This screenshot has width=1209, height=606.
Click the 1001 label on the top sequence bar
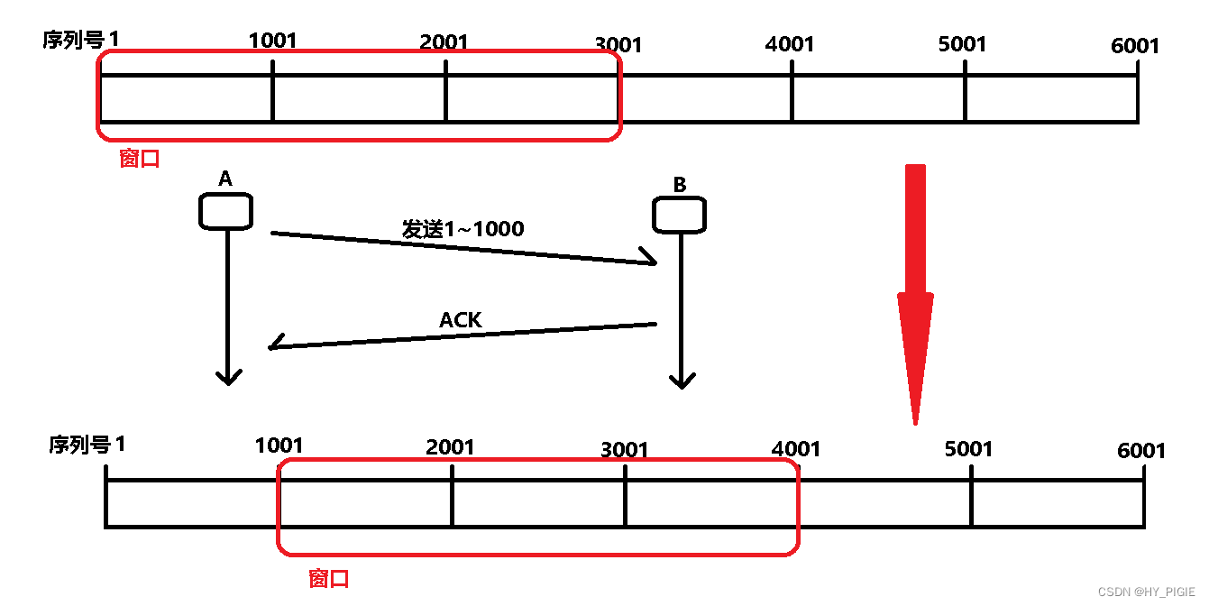point(271,40)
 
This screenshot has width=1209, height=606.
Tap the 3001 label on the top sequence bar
point(618,44)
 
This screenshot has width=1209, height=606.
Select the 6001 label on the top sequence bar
point(1135,45)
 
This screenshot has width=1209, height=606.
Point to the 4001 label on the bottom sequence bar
point(796,448)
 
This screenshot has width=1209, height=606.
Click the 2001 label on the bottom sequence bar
point(450,446)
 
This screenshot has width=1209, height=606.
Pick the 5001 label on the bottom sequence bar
point(968,448)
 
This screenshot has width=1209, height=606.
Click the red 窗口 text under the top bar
point(140,159)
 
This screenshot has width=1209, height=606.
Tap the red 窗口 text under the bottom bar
point(328,578)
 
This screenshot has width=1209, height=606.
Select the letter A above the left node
point(225,179)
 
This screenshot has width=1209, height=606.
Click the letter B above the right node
point(680,185)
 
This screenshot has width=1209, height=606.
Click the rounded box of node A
point(225,211)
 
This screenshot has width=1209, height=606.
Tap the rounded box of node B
point(679,215)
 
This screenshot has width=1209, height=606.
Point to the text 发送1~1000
point(463,229)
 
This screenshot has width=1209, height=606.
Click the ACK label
point(461,320)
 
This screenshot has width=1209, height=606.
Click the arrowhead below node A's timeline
point(228,377)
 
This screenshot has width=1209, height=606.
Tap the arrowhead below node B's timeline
point(682,381)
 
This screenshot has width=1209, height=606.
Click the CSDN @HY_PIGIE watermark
point(1146,592)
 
